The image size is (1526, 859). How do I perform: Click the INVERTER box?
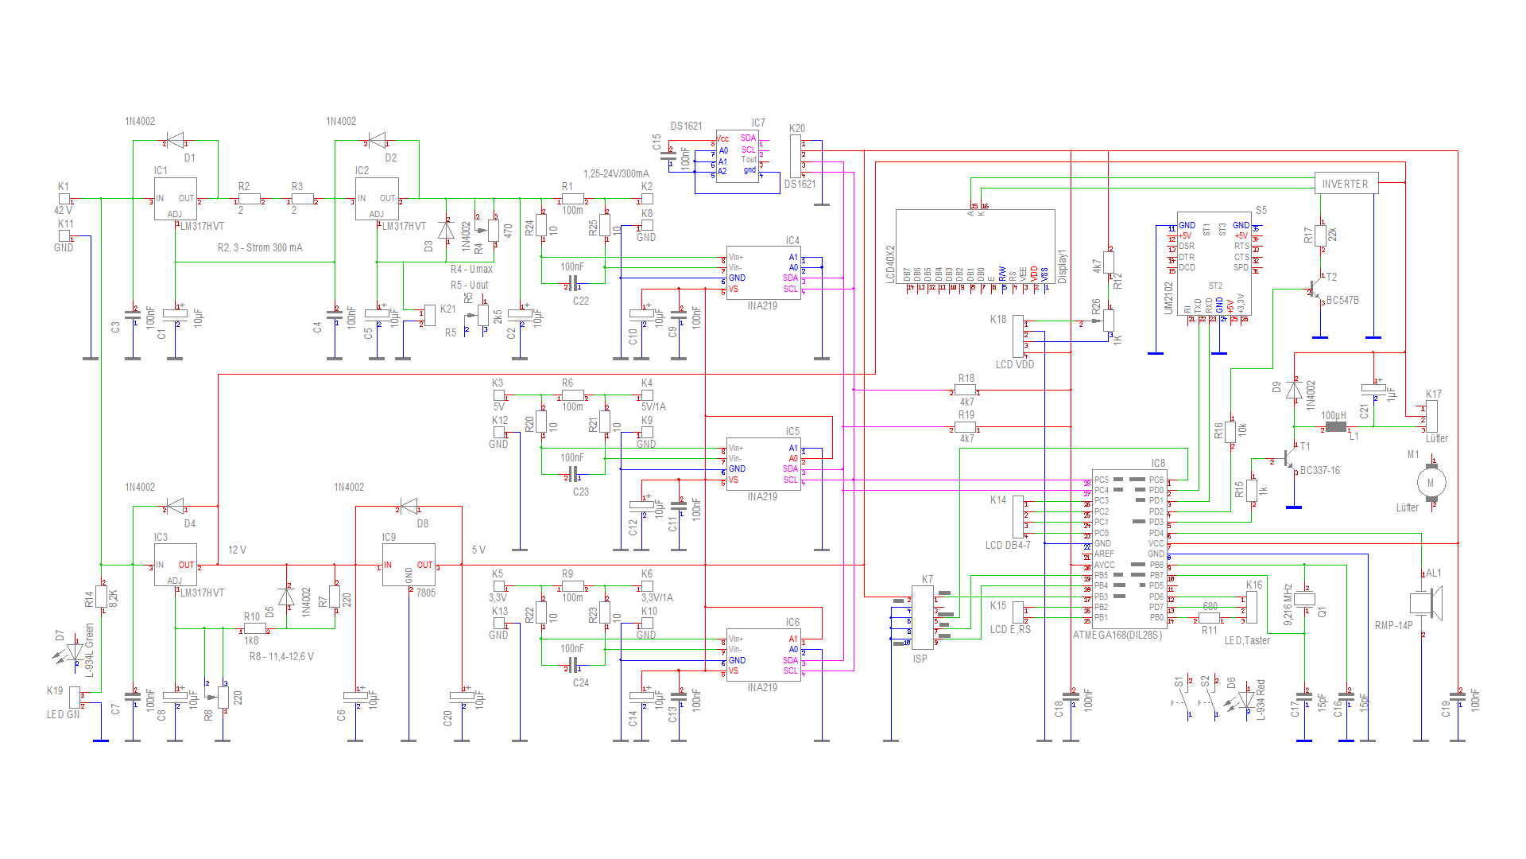coord(1346,184)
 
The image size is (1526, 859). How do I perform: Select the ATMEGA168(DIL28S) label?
coord(1117,636)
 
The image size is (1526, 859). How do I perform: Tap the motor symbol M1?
coord(1431,482)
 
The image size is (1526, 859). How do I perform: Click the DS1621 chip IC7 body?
coord(737,156)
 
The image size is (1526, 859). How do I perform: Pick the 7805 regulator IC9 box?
coord(409,565)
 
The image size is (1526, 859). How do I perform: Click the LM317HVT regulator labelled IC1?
coord(175,199)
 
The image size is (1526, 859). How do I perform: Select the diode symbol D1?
coord(176,141)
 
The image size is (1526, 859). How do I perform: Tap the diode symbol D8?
coord(409,507)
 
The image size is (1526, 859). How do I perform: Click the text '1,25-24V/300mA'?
coord(616,173)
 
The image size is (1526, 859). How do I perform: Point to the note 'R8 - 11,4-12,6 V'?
coord(281,657)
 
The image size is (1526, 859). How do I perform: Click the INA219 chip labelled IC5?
coord(763,464)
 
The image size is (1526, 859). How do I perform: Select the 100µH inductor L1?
coord(1336,427)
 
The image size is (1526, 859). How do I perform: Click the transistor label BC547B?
coord(1342,301)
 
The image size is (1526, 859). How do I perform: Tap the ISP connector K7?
coord(922,618)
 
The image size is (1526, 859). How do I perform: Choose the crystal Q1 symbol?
coord(1305,600)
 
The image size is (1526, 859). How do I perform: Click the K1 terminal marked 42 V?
coord(64,198)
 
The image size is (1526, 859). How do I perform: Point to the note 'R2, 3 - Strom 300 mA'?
coord(260,248)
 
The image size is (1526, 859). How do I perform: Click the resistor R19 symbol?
coord(966,427)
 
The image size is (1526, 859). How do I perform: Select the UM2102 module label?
coord(1168,297)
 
